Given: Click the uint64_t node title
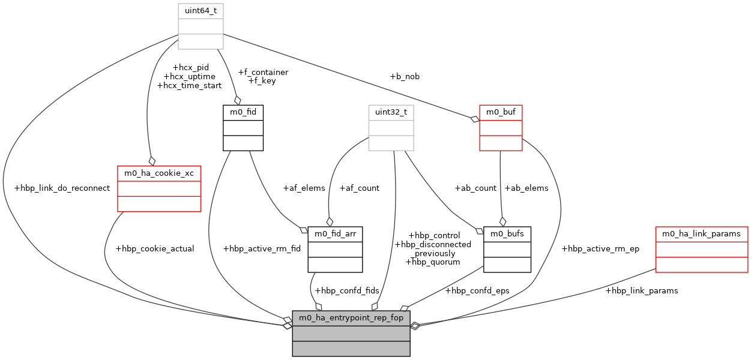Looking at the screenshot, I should pyautogui.click(x=201, y=11).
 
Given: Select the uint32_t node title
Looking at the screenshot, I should pyautogui.click(x=391, y=112).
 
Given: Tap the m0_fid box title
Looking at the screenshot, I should pyautogui.click(x=243, y=112).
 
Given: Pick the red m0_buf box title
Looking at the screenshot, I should pyautogui.click(x=501, y=112).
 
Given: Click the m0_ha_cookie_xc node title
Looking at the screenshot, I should pyautogui.click(x=158, y=173).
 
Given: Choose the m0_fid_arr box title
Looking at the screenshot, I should pyautogui.click(x=335, y=233).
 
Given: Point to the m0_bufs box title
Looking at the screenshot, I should pyautogui.click(x=507, y=233).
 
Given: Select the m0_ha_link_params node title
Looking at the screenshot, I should pyautogui.click(x=702, y=233).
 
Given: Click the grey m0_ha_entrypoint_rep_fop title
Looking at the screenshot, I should pyautogui.click(x=351, y=317).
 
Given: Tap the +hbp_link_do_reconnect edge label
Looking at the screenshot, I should pyautogui.click(x=62, y=188).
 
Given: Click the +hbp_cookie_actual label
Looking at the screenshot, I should pyautogui.click(x=154, y=248).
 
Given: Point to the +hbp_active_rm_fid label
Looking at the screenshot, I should pyautogui.click(x=261, y=248).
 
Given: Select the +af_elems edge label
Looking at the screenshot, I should pyautogui.click(x=304, y=188).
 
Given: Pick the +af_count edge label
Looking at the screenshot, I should pyautogui.click(x=359, y=188).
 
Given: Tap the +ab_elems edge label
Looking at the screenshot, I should pyautogui.click(x=526, y=188).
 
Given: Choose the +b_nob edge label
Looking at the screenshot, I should pyautogui.click(x=405, y=76).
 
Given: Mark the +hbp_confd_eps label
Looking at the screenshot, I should pyautogui.click(x=477, y=290).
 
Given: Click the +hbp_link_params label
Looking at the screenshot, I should pyautogui.click(x=641, y=290).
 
